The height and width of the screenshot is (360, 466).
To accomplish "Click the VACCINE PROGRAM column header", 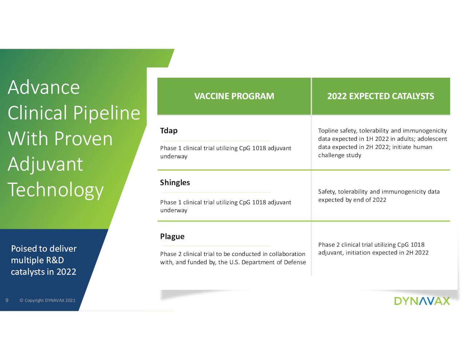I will [x=234, y=96].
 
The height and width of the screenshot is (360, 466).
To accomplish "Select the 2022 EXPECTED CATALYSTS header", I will [x=380, y=96].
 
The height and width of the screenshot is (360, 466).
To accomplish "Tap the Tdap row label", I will [x=169, y=131].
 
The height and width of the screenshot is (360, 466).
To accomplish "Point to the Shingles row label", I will [x=175, y=182].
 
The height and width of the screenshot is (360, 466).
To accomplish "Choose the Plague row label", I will [x=172, y=236].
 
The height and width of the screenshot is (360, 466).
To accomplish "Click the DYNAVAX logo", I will [x=422, y=301].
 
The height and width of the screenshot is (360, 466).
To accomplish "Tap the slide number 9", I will [x=7, y=300].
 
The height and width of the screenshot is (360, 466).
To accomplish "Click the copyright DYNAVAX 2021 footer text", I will [x=47, y=300].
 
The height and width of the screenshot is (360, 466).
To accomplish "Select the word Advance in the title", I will [x=44, y=87].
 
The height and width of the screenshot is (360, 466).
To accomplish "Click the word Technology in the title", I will [x=56, y=190].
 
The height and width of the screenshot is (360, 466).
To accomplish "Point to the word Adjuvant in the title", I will [x=46, y=164].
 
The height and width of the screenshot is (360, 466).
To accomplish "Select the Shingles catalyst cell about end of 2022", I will [x=379, y=195].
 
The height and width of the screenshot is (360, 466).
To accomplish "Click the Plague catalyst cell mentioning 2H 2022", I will [x=373, y=249].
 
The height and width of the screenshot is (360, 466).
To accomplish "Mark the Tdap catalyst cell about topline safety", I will [x=382, y=143].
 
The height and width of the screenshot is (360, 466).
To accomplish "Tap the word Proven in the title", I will [x=83, y=139].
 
